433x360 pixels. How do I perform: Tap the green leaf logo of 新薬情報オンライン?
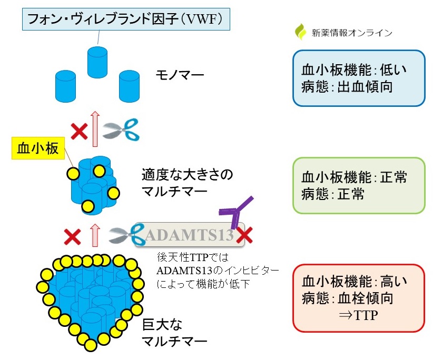[x=300, y=32]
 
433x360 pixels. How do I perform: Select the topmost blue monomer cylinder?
[x=97, y=60]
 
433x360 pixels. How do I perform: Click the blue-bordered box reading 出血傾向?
[x=359, y=78]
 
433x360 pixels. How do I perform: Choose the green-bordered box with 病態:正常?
[x=359, y=185]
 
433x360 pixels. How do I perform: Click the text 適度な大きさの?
[x=186, y=174]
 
